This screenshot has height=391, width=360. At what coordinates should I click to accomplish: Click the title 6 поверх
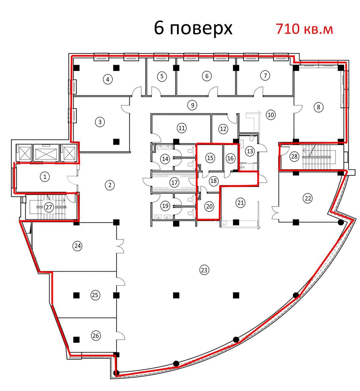tap(193, 28)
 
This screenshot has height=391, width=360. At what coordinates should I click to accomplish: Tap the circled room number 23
tap(204, 270)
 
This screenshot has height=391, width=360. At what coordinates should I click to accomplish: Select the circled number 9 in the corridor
tap(193, 105)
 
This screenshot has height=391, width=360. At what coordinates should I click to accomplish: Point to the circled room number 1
tap(45, 177)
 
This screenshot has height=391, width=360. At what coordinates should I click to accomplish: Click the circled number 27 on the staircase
tap(49, 207)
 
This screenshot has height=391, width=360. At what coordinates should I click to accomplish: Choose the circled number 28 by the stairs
tap(294, 156)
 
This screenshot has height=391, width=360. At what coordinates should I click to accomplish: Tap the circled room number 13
tap(250, 151)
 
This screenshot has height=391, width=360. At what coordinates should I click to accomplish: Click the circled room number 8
tap(318, 107)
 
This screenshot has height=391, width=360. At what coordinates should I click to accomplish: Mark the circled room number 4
tap(108, 79)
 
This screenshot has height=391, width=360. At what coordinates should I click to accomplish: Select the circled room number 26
tap(96, 336)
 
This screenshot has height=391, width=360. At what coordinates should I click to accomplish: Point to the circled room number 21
tap(241, 203)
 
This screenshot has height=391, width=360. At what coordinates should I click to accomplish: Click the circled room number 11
tap(182, 128)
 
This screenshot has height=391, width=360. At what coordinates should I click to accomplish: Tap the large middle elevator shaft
tap(46, 152)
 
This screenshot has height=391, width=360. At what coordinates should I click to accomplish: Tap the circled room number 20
tap(209, 206)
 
